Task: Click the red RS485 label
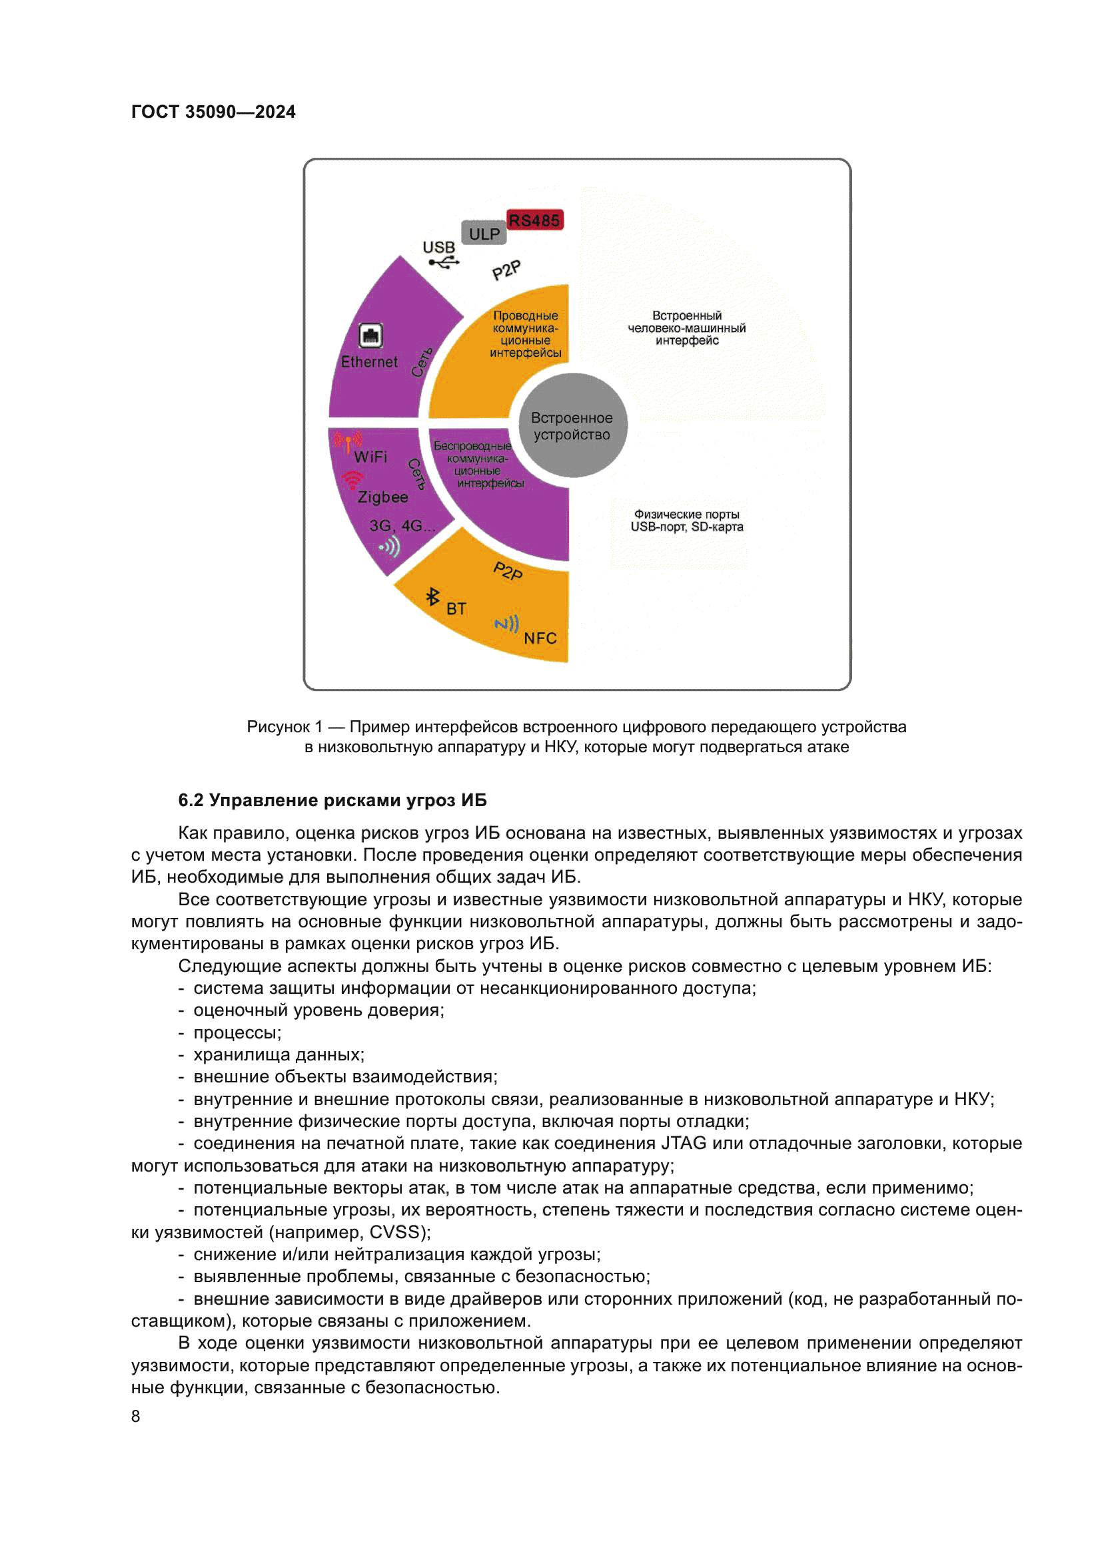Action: [x=534, y=220]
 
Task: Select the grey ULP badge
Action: [x=484, y=233]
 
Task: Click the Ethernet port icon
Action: [x=370, y=335]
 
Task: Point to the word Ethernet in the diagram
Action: [x=369, y=362]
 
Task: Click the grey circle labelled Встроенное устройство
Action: [x=572, y=426]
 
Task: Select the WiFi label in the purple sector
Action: [x=370, y=457]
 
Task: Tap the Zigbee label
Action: [x=382, y=497]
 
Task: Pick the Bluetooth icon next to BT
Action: [x=432, y=596]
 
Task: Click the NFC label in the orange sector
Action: [x=540, y=638]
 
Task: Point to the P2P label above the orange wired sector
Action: [x=506, y=270]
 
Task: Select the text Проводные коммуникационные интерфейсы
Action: [x=525, y=334]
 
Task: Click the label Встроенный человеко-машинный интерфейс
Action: [x=687, y=328]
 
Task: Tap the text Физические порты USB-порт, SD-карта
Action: [x=687, y=521]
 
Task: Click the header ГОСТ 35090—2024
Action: [x=213, y=112]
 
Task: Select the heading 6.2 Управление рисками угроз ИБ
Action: [x=332, y=800]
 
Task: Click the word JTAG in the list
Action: [x=684, y=1144]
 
